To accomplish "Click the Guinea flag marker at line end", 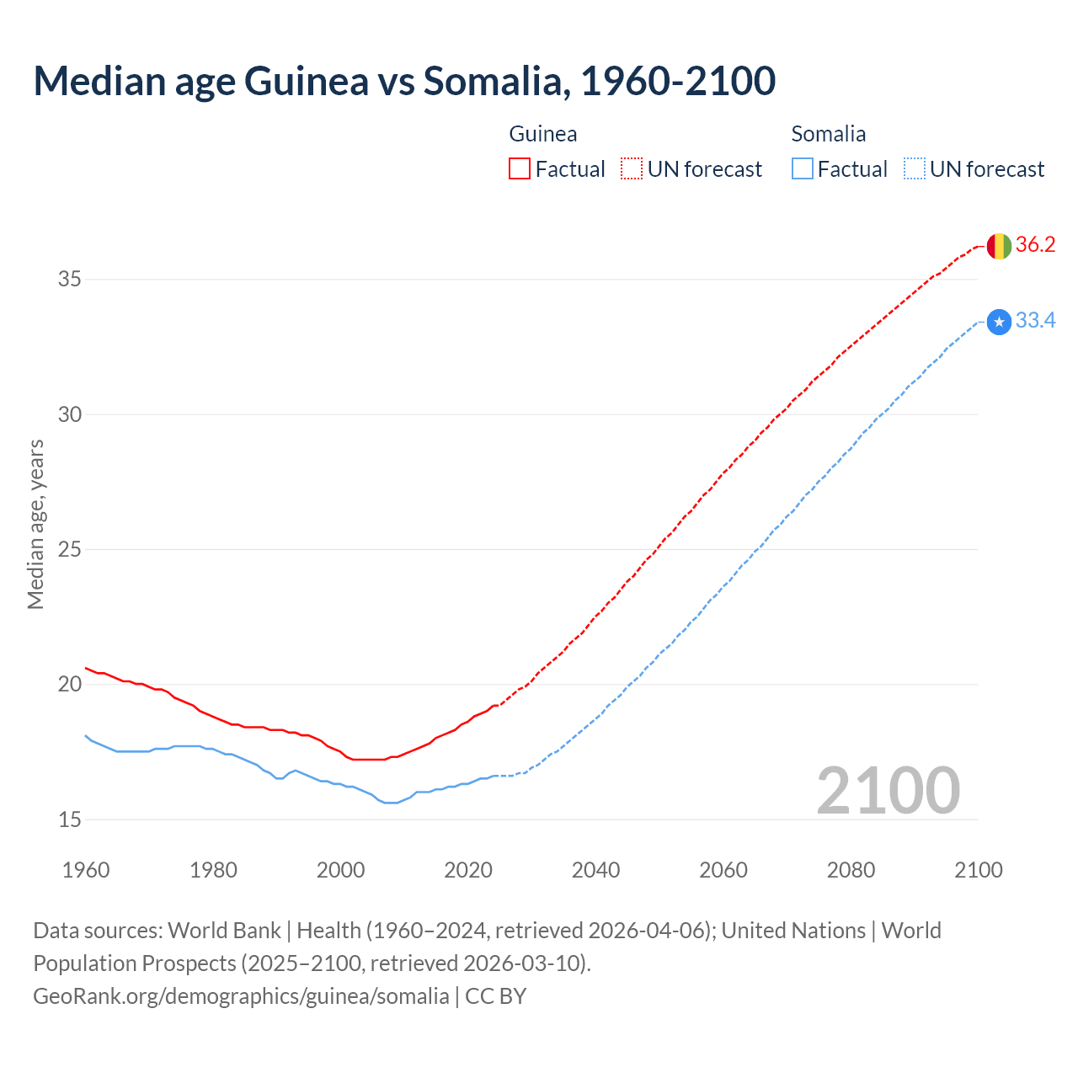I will click(999, 246).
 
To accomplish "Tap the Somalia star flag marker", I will click(999, 322).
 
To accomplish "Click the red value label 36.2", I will click(1035, 245).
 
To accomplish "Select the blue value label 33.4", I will click(1035, 321).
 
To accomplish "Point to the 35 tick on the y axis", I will click(70, 279).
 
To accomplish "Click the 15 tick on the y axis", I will click(70, 819).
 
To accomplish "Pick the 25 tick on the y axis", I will click(70, 549).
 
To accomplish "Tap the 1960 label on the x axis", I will click(86, 870).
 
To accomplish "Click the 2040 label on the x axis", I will click(595, 870).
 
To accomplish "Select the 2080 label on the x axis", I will click(851, 870).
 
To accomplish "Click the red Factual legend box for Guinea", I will click(520, 169).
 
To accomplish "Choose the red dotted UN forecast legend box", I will click(632, 169).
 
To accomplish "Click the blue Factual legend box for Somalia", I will click(803, 169).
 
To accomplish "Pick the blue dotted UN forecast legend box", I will click(915, 169).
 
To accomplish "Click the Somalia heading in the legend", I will click(829, 134).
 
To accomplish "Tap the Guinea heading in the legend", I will click(543, 134).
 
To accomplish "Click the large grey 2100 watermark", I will click(888, 790).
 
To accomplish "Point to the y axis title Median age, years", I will click(35, 524).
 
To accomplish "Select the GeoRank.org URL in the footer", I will click(241, 995).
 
